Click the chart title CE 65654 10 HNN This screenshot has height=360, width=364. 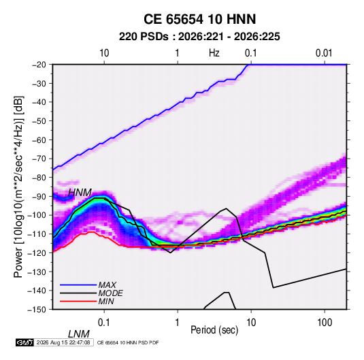(199, 19)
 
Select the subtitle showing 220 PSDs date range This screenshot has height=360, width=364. (199, 37)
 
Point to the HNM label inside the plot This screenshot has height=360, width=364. (80, 193)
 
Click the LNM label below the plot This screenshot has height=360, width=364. (78, 334)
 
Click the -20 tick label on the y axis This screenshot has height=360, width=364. (39, 65)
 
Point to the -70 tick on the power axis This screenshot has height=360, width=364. (39, 159)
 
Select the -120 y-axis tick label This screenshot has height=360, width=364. (37, 252)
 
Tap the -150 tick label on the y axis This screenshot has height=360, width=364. (37, 310)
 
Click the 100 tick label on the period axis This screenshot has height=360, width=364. (325, 323)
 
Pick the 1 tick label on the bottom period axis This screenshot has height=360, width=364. (178, 323)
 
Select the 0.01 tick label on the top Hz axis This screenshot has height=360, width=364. (324, 53)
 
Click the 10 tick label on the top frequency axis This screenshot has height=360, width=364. (104, 53)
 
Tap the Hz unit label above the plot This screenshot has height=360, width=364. (214, 53)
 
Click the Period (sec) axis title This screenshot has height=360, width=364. (214, 330)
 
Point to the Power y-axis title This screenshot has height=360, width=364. (18, 187)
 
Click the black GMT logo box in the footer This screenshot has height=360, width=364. (24, 342)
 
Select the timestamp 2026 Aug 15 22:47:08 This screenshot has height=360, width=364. (63, 342)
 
